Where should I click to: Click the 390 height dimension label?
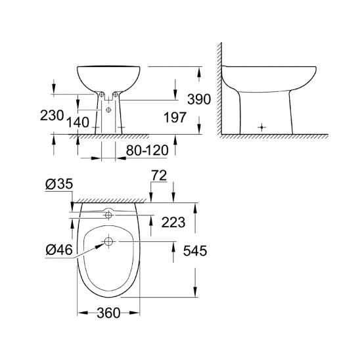(199, 99)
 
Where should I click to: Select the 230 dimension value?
(52, 115)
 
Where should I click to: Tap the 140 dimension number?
(78, 122)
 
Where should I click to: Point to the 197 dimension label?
(175, 118)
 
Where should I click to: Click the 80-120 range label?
(147, 150)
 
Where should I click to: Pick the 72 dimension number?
(160, 175)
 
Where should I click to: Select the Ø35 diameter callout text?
(59, 184)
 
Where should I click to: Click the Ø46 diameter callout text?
(59, 250)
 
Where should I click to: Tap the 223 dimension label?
(173, 222)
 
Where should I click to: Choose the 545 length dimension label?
(195, 250)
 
